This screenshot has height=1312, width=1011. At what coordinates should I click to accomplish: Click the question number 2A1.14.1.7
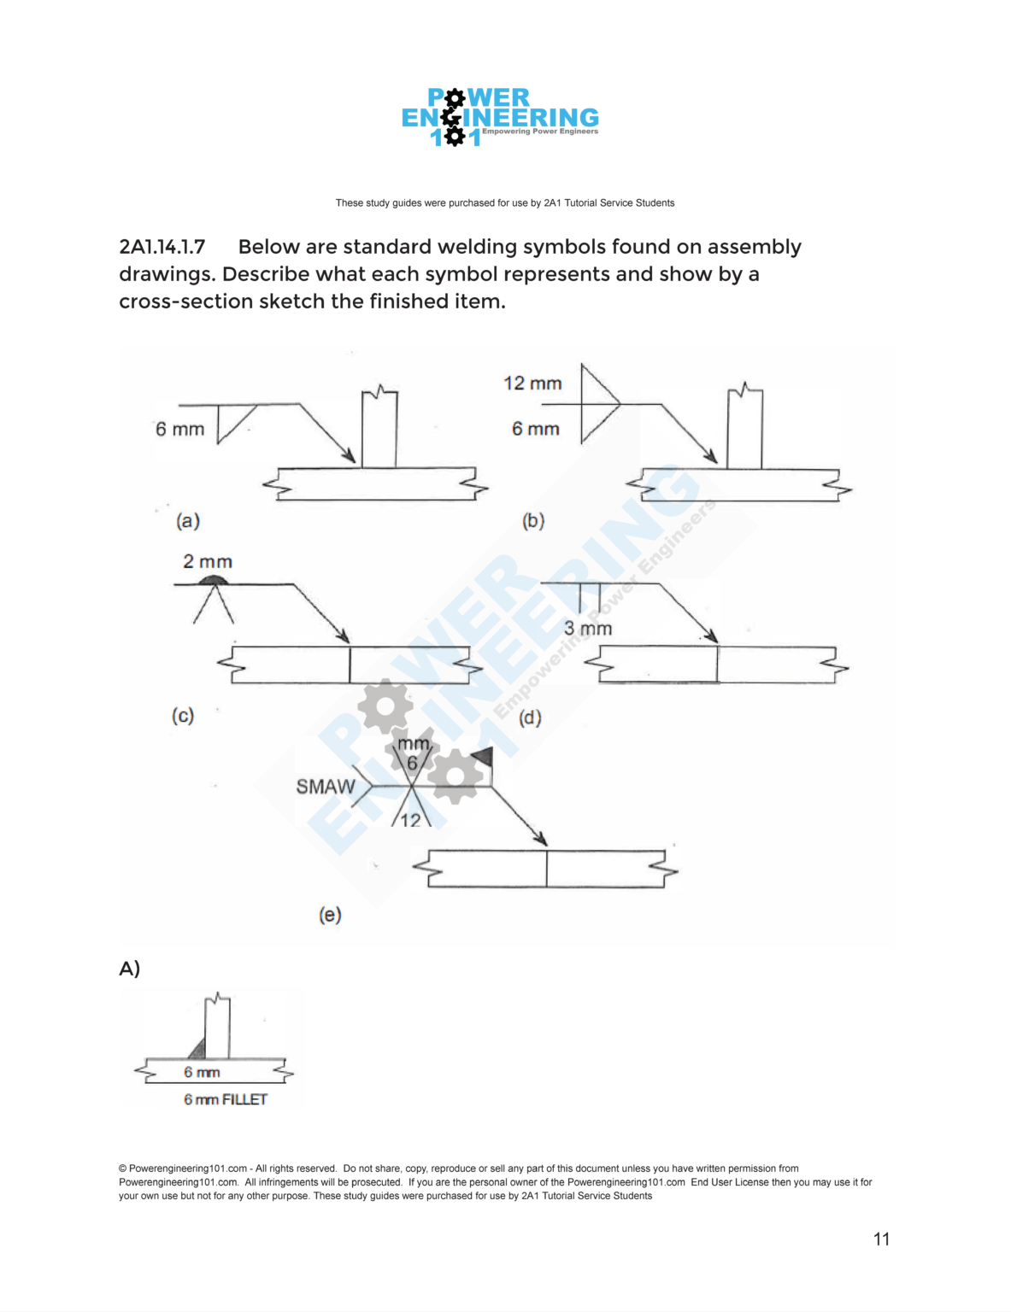tap(162, 247)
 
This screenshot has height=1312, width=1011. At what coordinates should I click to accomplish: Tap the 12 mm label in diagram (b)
tap(532, 384)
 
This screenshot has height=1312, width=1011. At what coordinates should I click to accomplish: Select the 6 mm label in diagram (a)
tap(179, 429)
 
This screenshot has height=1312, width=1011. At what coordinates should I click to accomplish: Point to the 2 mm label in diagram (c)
tap(208, 561)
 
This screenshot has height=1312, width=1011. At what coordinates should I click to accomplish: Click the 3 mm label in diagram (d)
tap(588, 629)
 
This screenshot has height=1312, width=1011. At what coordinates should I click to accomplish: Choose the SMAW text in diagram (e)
tap(326, 787)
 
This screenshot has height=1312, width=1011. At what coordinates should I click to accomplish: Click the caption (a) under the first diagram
tap(188, 520)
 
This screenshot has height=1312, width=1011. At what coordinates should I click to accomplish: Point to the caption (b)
tap(533, 520)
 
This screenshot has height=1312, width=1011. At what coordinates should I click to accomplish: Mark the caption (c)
tap(183, 715)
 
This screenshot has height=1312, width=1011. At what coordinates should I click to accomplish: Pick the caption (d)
tap(531, 717)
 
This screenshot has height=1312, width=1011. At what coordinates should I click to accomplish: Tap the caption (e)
tap(330, 915)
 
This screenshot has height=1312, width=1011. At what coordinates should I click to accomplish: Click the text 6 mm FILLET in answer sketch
tap(226, 1099)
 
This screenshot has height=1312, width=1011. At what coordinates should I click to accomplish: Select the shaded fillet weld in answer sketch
tap(198, 1049)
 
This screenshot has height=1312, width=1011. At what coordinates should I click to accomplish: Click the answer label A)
tap(130, 969)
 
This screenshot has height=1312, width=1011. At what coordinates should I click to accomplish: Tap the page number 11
tap(882, 1239)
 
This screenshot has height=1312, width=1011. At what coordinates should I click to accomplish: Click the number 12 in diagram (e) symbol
tap(411, 820)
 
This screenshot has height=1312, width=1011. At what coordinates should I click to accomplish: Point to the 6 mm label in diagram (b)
tap(536, 429)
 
